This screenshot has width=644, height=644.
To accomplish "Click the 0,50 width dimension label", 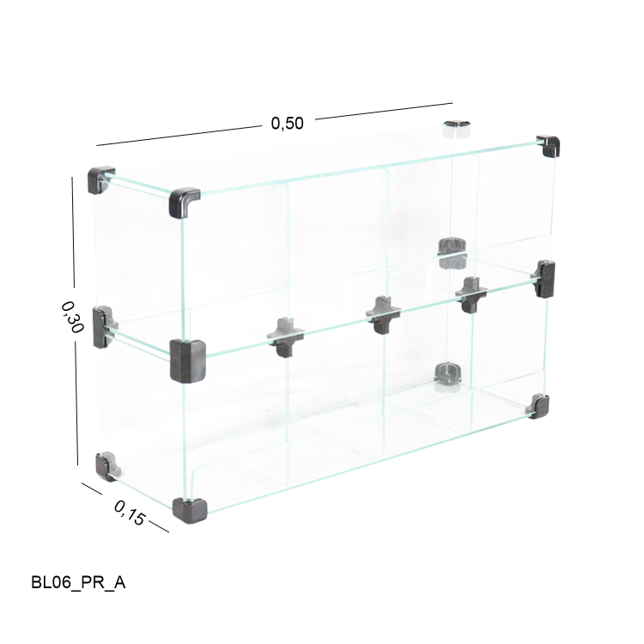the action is point(287,123).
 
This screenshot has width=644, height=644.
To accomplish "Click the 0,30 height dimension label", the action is point(73,317).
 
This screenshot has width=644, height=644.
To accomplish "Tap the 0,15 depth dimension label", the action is point(130,513).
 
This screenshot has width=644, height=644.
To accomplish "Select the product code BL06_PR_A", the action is point(78,582).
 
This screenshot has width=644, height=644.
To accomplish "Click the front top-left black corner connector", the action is point(183,202).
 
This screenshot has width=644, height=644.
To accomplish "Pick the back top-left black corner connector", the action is point(100,179).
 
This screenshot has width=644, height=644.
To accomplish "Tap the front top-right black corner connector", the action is point(549,145).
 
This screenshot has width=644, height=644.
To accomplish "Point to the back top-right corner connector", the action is point(456,127).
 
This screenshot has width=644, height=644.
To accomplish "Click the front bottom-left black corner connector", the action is point(190,510).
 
